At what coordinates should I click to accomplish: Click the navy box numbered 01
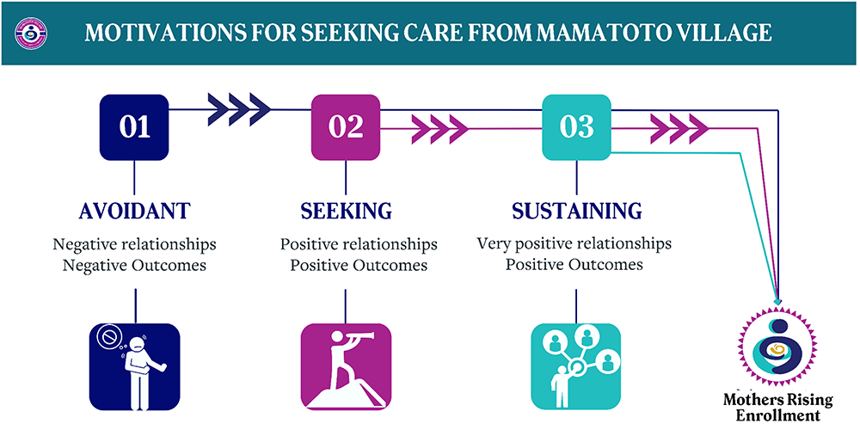(135, 127)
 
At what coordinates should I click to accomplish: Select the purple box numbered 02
(346, 127)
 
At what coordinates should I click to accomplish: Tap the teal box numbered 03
(576, 127)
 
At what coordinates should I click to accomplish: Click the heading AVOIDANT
(134, 211)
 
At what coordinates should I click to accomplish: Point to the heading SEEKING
(346, 211)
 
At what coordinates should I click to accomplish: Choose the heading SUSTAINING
(576, 211)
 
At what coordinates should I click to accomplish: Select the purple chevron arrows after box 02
(439, 130)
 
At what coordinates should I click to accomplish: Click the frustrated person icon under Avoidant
(135, 366)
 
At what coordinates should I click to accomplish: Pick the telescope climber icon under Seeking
(346, 366)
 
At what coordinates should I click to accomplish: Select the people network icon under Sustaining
(576, 366)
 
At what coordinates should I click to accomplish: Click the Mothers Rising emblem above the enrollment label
(778, 349)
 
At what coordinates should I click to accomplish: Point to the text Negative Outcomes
(135, 265)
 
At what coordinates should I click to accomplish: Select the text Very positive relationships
(574, 243)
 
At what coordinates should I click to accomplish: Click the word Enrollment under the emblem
(778, 416)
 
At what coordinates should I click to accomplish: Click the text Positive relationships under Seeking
(359, 244)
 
